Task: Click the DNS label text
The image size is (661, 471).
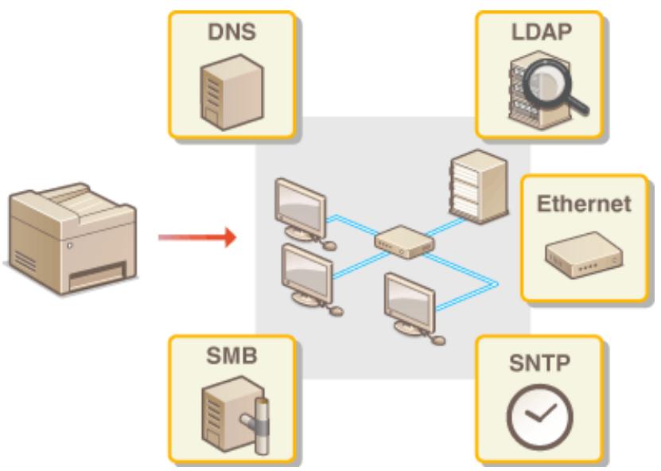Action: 231,32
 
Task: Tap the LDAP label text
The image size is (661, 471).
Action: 541,32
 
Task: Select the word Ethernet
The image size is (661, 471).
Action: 584,204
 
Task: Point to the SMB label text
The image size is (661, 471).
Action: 231,356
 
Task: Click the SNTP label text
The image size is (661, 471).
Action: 539,363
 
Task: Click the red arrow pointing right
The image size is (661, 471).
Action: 196,237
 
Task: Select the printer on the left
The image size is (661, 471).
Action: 72,238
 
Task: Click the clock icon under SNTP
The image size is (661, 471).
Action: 539,417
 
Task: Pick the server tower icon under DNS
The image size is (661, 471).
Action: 231,92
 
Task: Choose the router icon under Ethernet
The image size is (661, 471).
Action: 584,255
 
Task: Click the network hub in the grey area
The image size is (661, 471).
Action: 404,242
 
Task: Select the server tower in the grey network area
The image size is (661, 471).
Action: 479,186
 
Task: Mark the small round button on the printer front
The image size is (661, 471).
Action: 69,245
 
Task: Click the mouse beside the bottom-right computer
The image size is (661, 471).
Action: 437,340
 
